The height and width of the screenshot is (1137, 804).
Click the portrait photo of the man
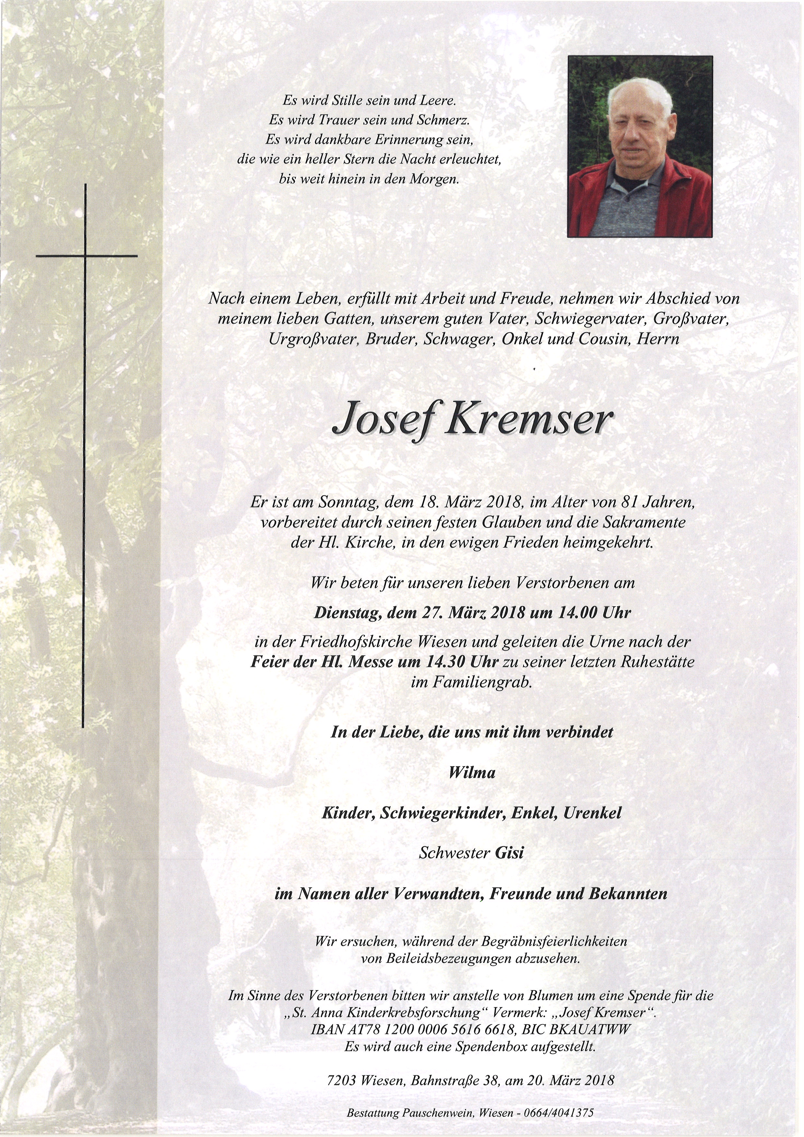[640, 147]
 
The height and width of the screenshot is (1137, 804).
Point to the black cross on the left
[86, 256]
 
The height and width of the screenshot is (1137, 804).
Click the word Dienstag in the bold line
[345, 613]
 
